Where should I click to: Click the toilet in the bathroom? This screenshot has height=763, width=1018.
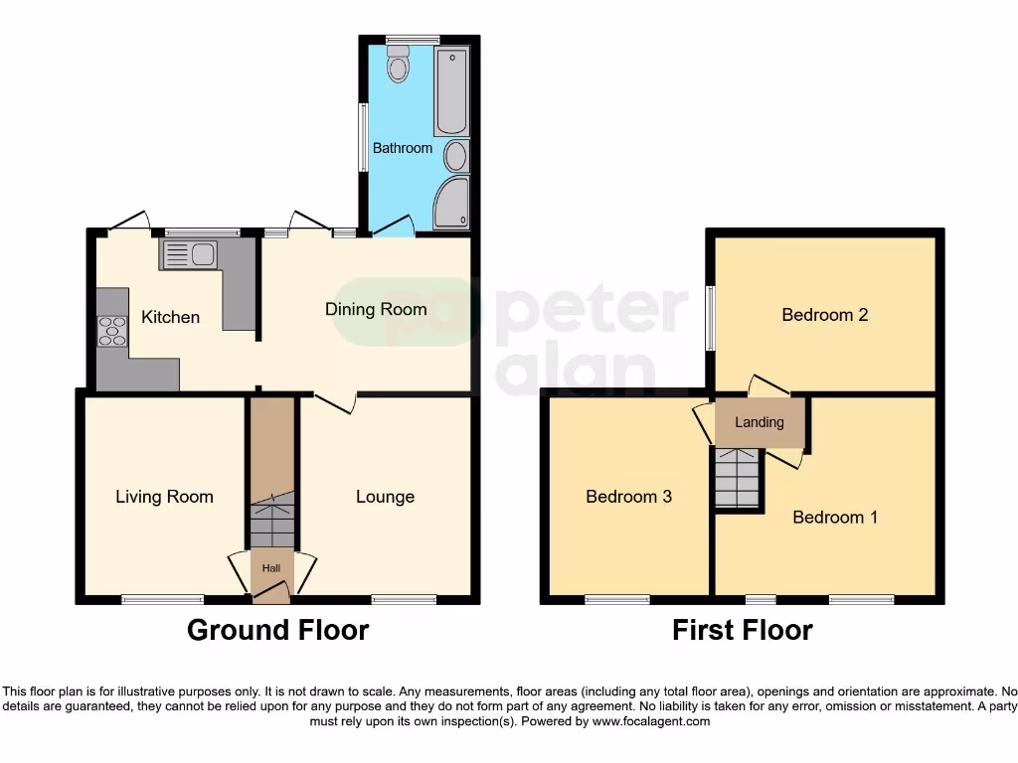(x=399, y=67)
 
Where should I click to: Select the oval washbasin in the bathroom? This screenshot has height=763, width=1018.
(x=456, y=157)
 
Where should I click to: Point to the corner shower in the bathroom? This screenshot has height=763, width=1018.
(x=450, y=204)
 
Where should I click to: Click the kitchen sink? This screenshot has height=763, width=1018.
(x=187, y=255)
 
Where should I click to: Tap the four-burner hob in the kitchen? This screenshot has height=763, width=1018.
(x=112, y=330)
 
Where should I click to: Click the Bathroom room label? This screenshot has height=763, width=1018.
(x=403, y=148)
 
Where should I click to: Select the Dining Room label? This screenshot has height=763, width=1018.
(x=376, y=309)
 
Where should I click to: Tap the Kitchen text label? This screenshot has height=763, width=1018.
(x=170, y=317)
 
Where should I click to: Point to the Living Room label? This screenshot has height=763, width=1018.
(x=164, y=496)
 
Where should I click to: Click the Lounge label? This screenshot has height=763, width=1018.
(x=385, y=496)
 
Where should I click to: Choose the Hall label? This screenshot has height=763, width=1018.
(x=271, y=567)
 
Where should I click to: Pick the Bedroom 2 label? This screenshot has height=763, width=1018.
(x=825, y=315)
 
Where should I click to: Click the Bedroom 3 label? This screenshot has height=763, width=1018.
(x=629, y=496)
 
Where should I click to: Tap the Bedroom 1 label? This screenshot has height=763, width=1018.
(x=835, y=517)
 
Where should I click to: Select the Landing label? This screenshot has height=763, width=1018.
(x=760, y=422)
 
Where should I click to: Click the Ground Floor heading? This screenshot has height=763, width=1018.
(x=278, y=630)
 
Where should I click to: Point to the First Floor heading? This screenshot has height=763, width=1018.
(x=743, y=630)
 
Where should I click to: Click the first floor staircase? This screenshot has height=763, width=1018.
(x=737, y=479)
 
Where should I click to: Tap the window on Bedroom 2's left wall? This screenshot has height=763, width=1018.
(x=711, y=318)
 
